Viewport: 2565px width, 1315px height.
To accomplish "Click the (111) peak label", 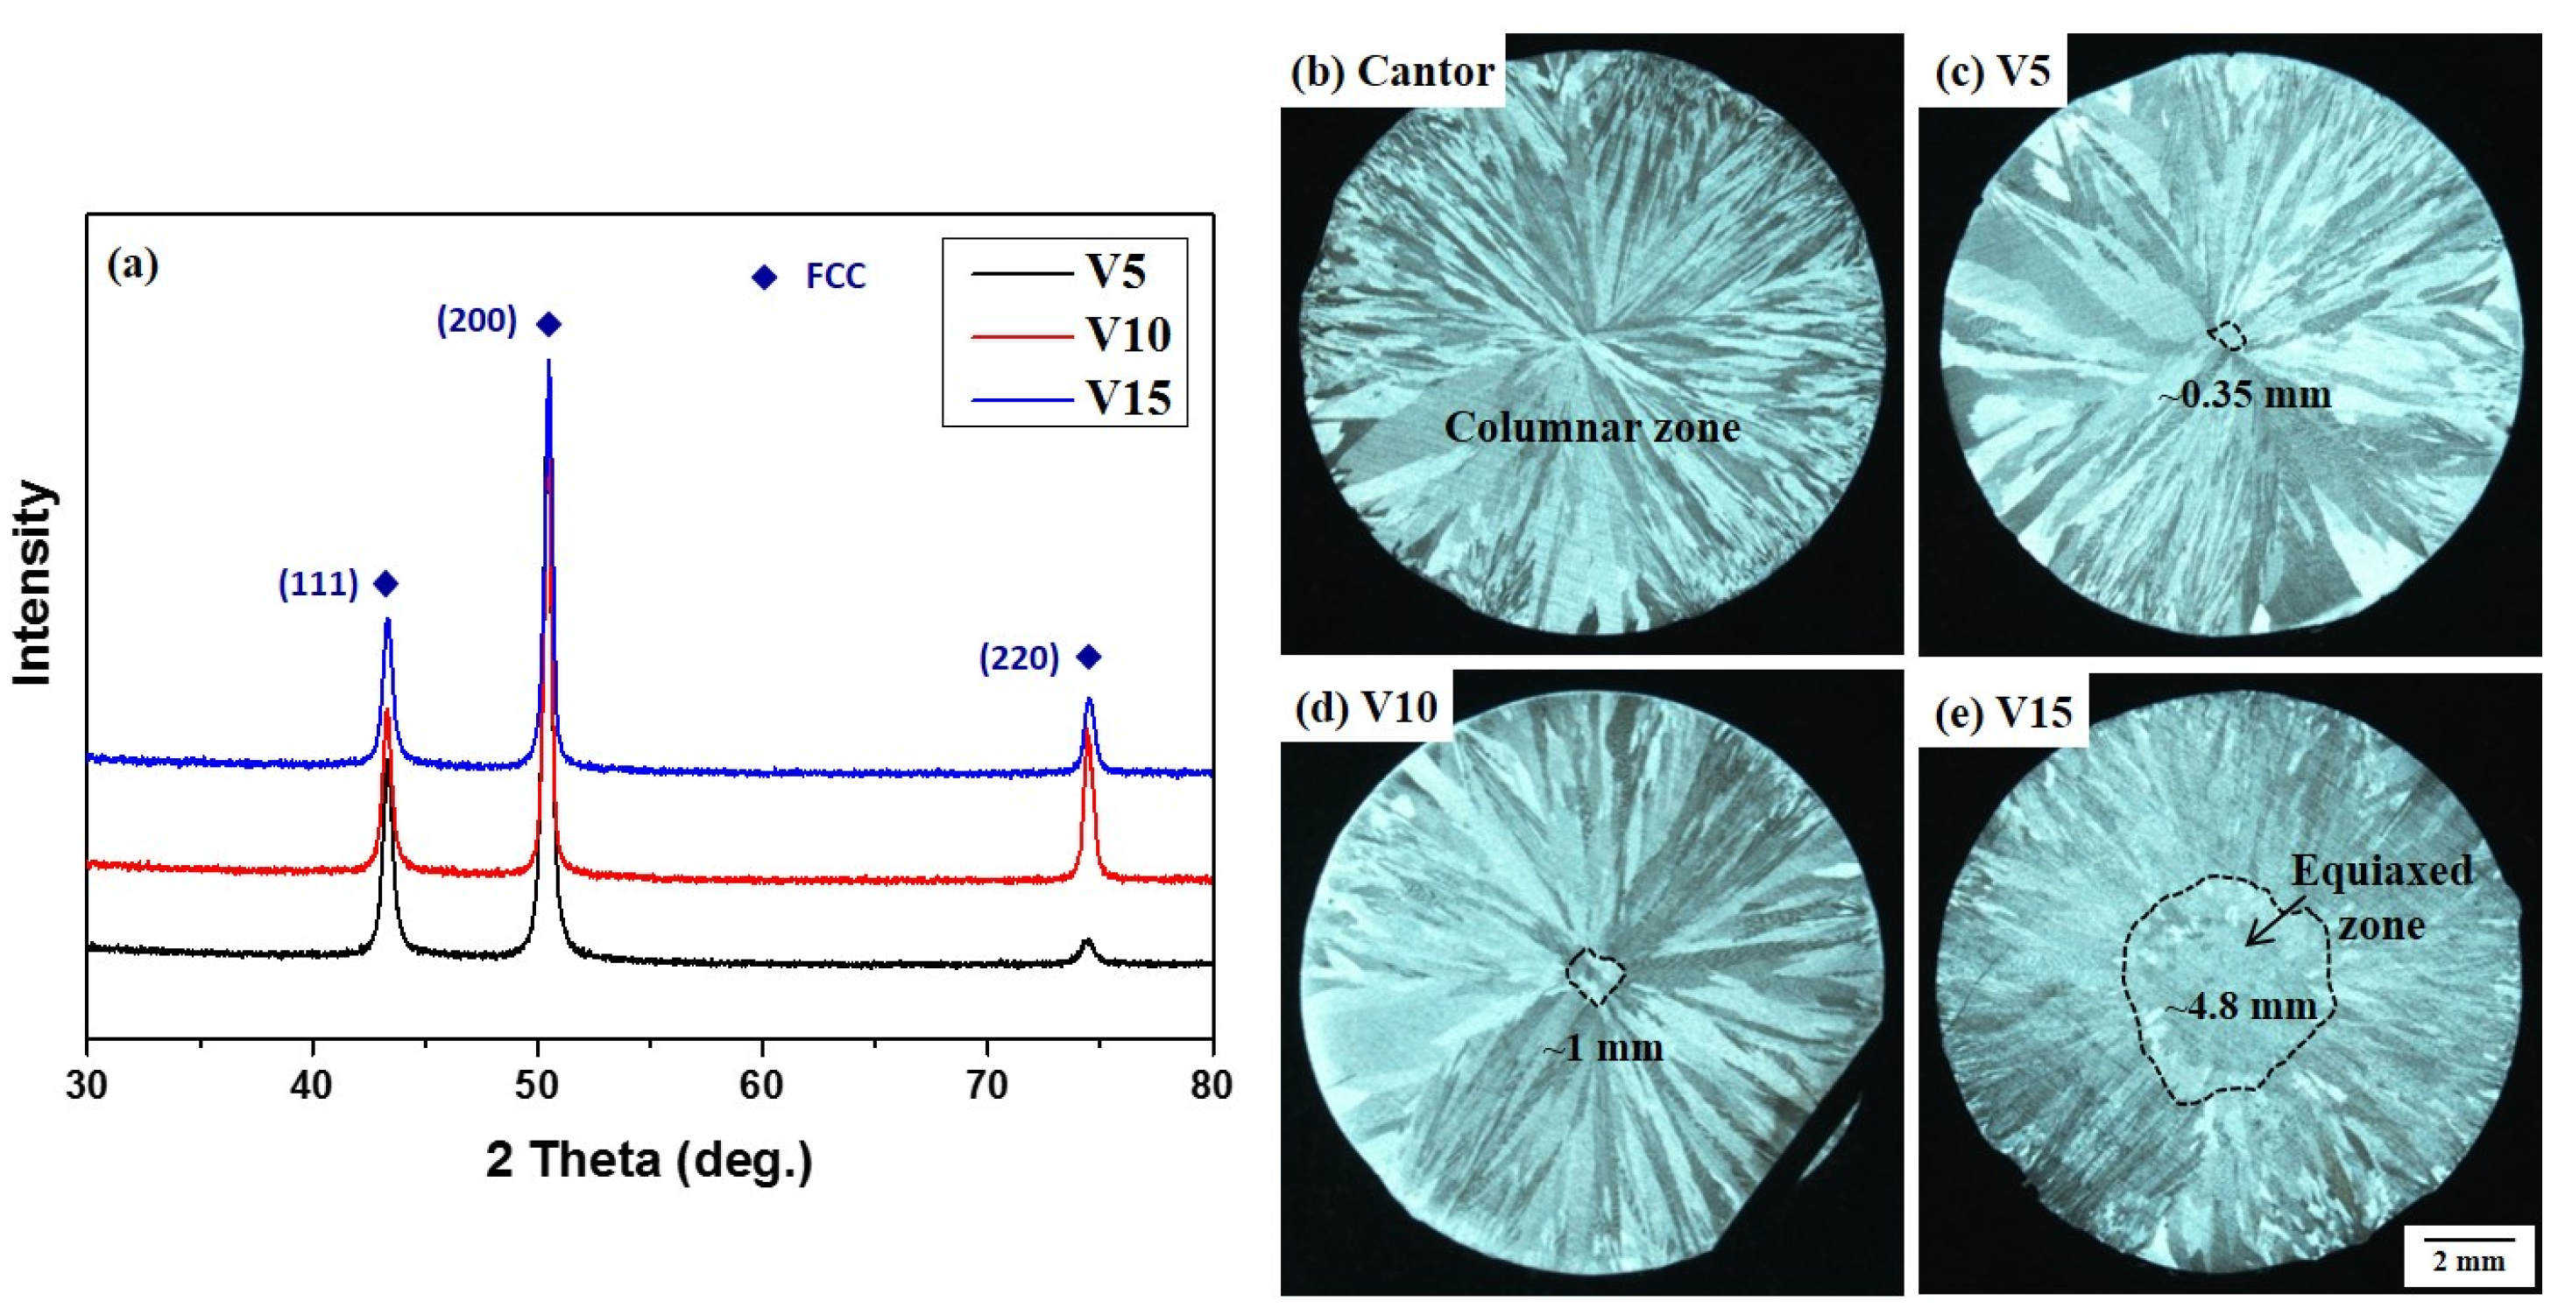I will coord(318,584).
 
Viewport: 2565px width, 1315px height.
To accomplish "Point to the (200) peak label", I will coord(476,321).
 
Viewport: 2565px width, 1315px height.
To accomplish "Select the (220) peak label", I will coord(1019,658).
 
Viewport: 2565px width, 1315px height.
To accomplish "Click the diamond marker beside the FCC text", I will coord(764,277).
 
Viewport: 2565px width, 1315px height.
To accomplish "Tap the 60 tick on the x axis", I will coord(762,1085).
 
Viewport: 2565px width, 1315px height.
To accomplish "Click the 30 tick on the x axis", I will coord(88,1085).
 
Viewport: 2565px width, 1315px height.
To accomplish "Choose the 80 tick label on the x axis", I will coord(1211,1085).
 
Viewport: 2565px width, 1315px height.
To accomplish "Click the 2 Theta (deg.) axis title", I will coord(649,1161).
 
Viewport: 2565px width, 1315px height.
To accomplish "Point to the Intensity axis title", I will coord(33,583).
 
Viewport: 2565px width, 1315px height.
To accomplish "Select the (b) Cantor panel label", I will coord(1392,72).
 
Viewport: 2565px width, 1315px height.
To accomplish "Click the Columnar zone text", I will coord(1591,428).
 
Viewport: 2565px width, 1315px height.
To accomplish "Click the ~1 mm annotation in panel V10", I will coord(1602,1048).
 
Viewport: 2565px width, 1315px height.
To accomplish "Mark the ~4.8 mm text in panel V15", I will coord(2240,1007).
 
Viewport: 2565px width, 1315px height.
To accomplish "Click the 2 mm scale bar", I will coord(2468,1241).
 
